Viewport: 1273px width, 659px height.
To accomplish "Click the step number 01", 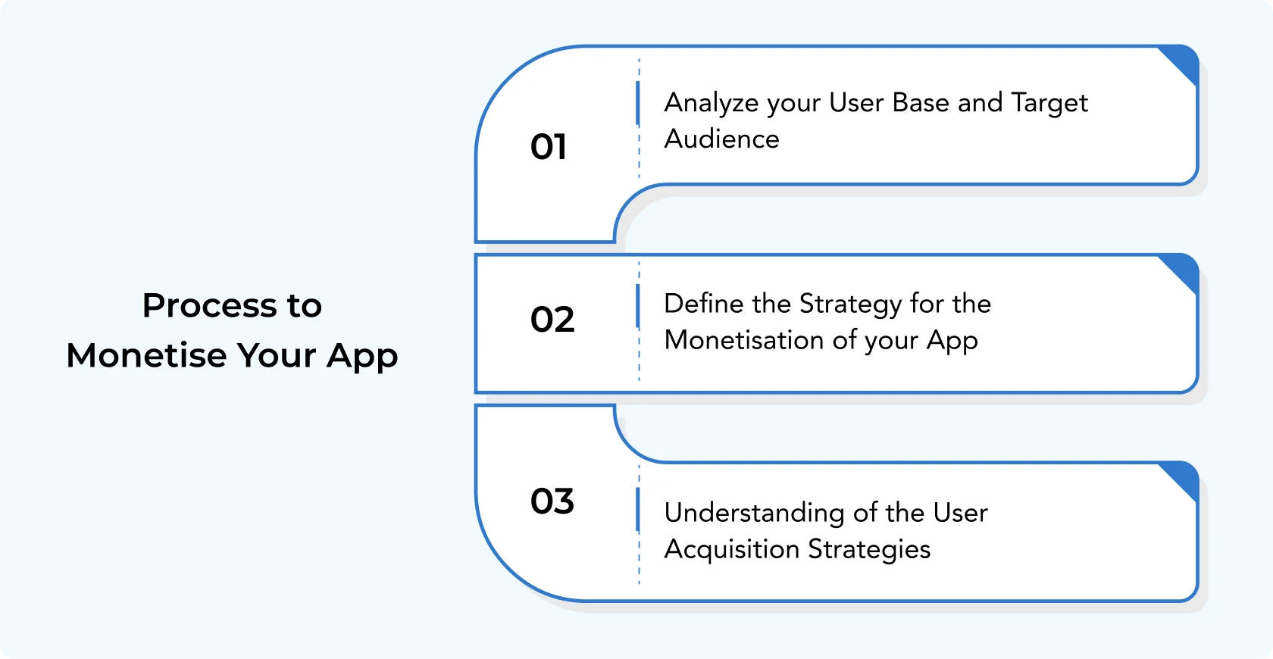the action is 549,147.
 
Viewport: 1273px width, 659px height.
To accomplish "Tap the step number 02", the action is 552,319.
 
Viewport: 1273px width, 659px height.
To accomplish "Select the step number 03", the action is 552,501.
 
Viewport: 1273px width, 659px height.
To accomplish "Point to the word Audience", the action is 721,139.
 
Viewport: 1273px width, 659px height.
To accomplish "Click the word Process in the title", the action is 209,306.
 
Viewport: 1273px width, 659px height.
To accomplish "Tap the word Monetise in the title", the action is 147,356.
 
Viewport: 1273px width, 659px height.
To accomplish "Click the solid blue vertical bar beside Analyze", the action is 638,103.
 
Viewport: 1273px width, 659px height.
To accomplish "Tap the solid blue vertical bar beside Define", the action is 638,306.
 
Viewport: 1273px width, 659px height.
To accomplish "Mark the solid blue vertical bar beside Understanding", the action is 638,510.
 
